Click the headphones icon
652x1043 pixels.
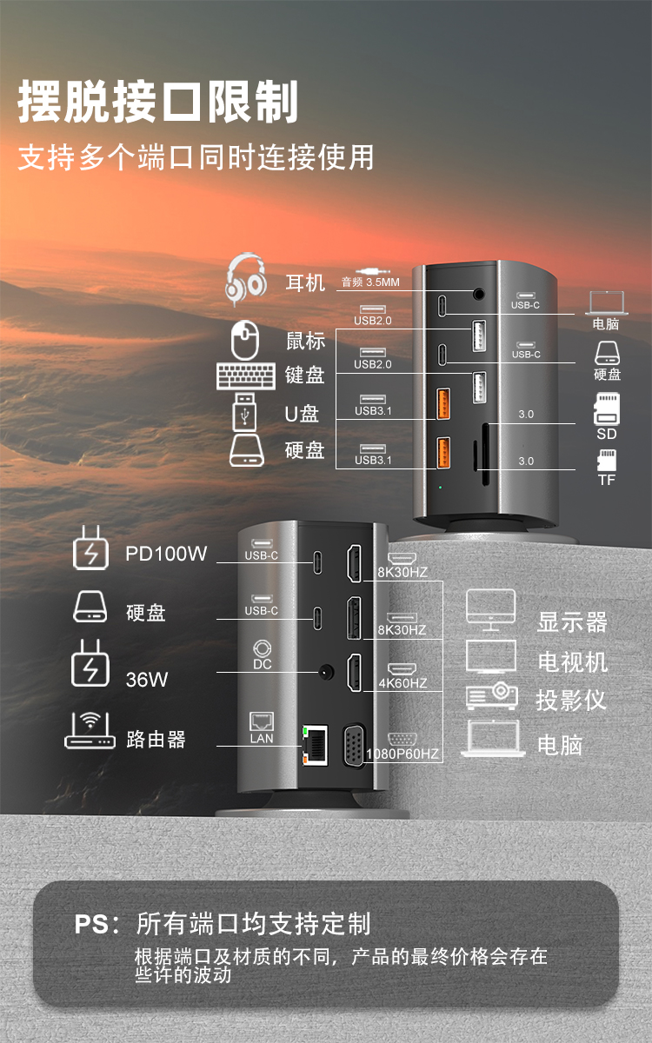pos(246,279)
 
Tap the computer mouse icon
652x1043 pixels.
pos(245,340)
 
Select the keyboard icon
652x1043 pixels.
pos(246,375)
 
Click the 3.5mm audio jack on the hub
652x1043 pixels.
pos(479,295)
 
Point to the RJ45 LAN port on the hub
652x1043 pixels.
pos(316,745)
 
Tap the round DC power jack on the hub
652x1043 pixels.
pos(326,673)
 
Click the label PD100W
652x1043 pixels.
pos(166,554)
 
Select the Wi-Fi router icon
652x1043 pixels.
pos(90,730)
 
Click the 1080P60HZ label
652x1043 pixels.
pos(403,754)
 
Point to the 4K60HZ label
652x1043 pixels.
pos(403,683)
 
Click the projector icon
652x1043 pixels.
pos(492,695)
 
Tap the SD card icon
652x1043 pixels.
pos(607,409)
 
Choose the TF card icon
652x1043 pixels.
pos(607,460)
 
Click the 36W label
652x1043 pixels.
pos(147,680)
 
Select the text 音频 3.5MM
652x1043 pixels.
pos(370,282)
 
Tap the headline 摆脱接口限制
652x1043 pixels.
pos(158,101)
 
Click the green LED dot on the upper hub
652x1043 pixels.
pos(441,488)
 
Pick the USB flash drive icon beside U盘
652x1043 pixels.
pos(244,412)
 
